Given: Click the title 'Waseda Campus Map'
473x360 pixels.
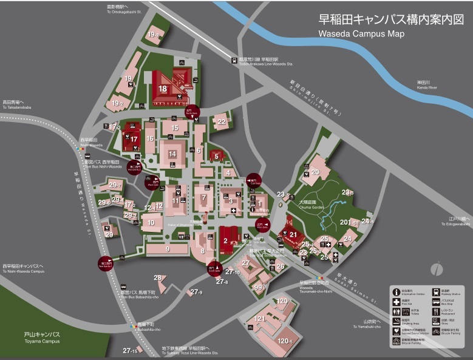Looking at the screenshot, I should [x=361, y=34].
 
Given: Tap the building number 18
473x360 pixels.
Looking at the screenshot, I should [x=162, y=89].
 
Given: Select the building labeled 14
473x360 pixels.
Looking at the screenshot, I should [x=172, y=154].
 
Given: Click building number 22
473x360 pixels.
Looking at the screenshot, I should [x=222, y=122].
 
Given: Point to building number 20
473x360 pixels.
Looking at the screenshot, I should [x=315, y=172].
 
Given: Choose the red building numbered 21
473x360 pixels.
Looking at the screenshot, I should [x=293, y=234].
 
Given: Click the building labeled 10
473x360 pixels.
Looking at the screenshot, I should [x=151, y=222].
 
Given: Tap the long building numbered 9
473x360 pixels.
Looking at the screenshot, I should [x=167, y=248].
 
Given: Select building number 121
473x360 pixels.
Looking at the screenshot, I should [x=260, y=318].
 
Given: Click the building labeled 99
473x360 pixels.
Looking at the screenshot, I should [x=258, y=287].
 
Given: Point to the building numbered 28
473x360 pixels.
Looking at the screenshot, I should [x=158, y=278].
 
